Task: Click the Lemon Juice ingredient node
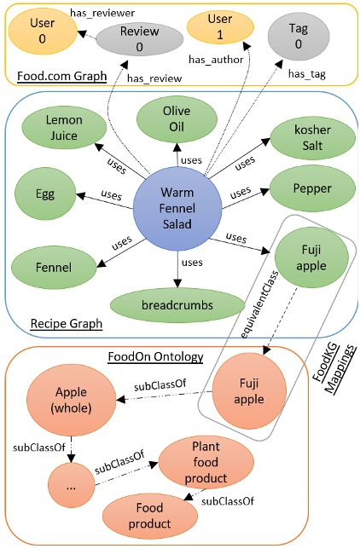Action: (64, 130)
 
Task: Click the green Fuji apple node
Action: (307, 253)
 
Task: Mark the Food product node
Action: (149, 516)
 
